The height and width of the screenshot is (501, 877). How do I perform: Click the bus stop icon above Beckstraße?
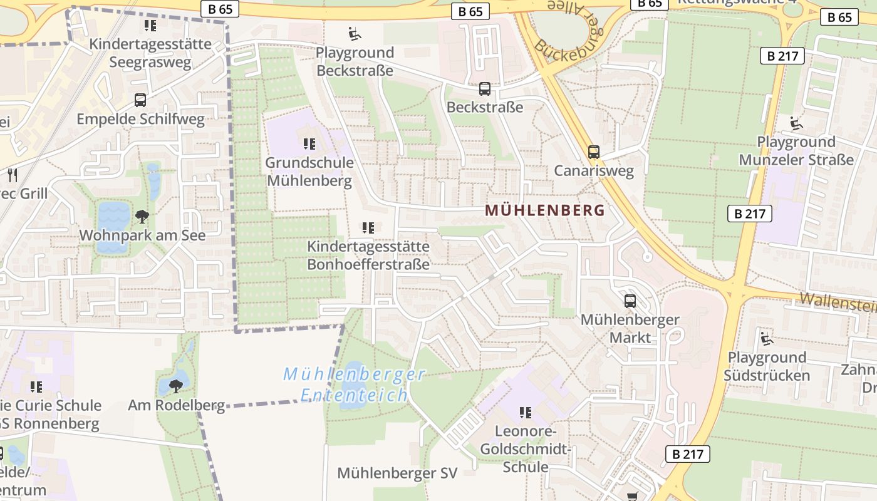(484, 89)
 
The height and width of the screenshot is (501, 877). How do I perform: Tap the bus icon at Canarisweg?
(593, 152)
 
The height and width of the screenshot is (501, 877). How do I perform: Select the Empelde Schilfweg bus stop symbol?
(140, 100)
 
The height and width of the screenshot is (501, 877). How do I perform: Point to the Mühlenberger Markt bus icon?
(630, 301)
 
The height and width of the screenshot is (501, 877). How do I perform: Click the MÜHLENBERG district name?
(545, 210)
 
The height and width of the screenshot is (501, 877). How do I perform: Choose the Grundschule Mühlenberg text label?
(309, 172)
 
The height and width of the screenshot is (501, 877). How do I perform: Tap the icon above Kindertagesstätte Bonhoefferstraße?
(368, 228)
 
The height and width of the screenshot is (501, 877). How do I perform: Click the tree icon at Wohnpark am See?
(142, 217)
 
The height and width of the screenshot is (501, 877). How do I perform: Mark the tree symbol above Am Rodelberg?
(176, 386)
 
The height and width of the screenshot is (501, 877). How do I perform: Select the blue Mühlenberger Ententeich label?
(355, 385)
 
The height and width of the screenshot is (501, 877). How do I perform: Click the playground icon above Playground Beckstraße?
(355, 33)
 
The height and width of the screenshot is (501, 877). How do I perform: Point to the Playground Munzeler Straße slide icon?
(796, 123)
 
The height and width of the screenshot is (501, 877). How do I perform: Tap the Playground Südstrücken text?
(767, 366)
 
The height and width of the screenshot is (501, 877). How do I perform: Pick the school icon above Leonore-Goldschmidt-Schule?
(526, 412)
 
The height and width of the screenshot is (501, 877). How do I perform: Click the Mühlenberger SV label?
(397, 473)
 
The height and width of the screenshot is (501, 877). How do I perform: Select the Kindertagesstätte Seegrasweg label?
(150, 53)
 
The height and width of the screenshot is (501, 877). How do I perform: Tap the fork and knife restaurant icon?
(11, 175)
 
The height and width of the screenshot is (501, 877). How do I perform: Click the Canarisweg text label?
(594, 171)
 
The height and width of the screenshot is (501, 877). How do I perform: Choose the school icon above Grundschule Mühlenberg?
(309, 144)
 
